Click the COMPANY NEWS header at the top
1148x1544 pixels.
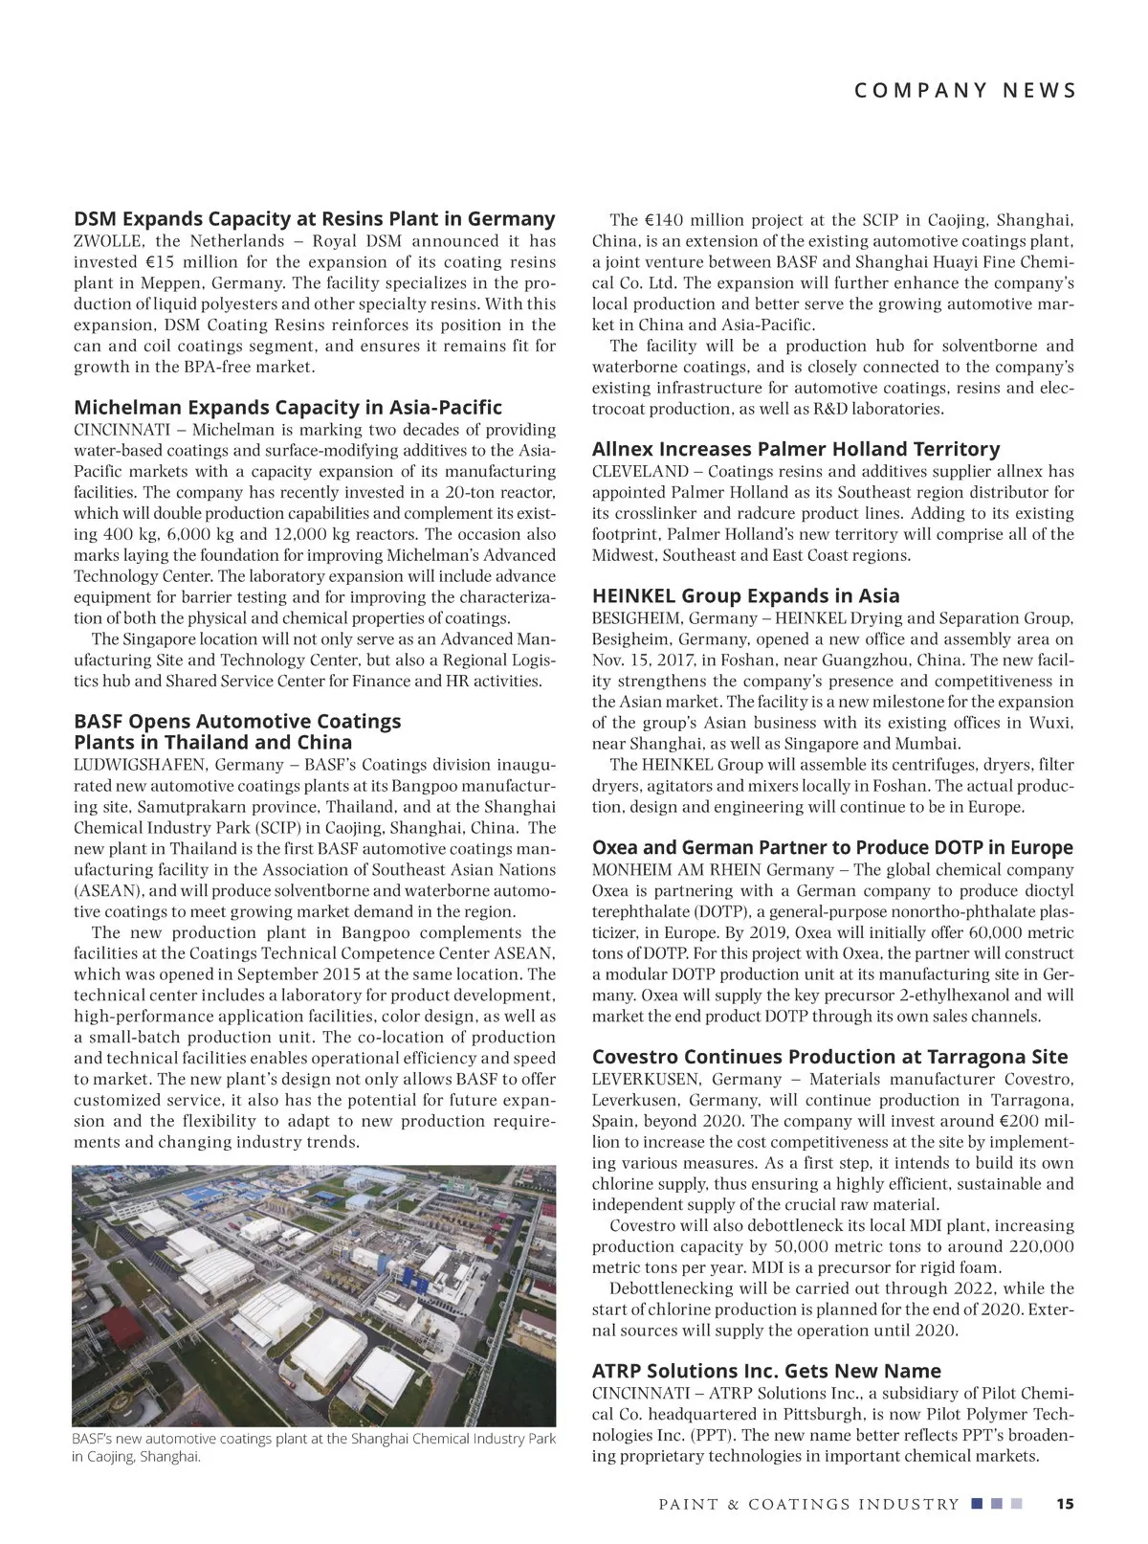pos(964,91)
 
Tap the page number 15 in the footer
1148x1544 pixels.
pos(1064,1504)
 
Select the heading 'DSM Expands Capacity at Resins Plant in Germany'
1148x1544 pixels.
pos(314,219)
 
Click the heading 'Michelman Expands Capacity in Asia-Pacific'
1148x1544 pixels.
pos(287,408)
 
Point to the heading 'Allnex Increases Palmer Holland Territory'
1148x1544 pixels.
pos(795,449)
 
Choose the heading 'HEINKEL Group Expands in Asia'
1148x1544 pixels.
pos(745,596)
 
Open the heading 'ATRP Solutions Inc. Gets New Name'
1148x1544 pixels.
pos(766,1371)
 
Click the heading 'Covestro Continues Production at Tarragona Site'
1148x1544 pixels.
pos(829,1057)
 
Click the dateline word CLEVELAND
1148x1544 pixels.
pos(640,471)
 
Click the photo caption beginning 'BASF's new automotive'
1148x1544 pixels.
pos(314,1447)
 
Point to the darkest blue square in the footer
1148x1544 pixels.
pos(976,1504)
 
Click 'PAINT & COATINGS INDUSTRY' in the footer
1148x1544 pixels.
pos(808,1505)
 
